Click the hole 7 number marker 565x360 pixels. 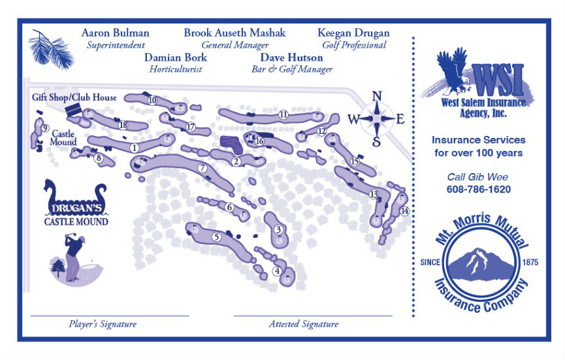(202, 168)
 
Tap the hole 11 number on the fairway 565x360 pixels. (283, 114)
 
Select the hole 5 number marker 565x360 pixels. (216, 237)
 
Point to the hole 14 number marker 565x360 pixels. (404, 211)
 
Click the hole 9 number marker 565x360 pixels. (45, 128)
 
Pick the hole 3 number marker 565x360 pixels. (278, 229)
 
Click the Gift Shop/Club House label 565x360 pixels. (74, 97)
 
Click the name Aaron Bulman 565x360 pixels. (116, 33)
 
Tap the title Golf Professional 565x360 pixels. (354, 45)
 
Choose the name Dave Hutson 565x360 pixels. (292, 57)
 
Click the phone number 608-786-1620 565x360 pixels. (479, 189)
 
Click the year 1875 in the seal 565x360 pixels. (530, 262)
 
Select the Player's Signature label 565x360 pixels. (103, 324)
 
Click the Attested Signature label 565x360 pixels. (304, 324)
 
